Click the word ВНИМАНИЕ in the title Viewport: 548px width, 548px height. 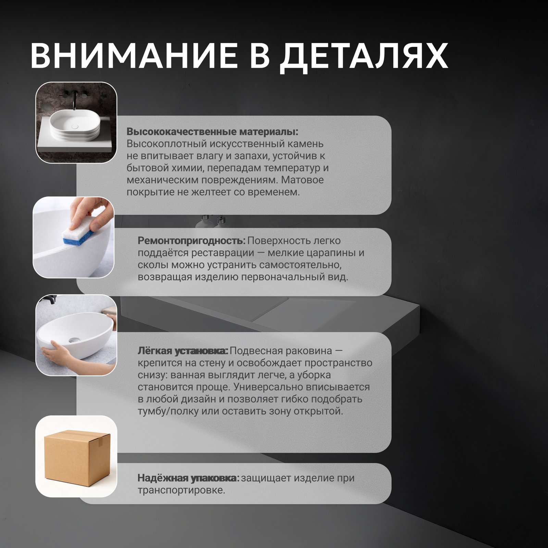click(134, 56)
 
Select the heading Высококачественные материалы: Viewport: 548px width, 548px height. click(212, 132)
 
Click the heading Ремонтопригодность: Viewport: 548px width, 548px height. click(191, 241)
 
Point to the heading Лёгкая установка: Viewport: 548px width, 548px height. click(183, 351)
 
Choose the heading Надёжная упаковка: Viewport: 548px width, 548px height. click(188, 478)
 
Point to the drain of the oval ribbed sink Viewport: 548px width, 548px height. click(75, 126)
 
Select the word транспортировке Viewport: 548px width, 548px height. click(181, 490)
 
